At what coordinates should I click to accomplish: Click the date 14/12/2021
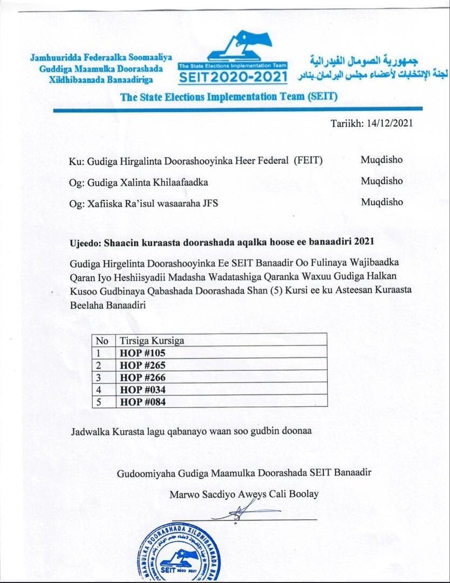pos(390,123)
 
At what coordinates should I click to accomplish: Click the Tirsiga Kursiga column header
pos(152,341)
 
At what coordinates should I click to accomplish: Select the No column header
pos(102,341)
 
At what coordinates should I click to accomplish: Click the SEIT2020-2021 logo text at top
pos(233,77)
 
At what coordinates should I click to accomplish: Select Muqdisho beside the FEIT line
pos(381,160)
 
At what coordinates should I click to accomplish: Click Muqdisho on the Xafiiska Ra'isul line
pos(381,202)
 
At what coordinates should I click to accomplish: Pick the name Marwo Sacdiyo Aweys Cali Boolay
pos(244,494)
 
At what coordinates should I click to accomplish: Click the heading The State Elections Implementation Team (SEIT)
pos(229,98)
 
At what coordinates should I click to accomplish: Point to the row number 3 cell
pos(98,377)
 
